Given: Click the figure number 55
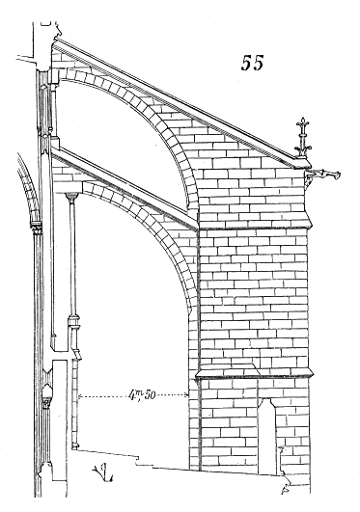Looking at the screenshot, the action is tap(254, 65).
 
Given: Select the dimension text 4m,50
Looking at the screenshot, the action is tap(144, 393).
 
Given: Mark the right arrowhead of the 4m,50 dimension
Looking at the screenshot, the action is tap(195, 395).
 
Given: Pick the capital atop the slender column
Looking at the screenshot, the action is tap(71, 198).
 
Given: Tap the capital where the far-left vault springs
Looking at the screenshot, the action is tap(36, 227).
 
